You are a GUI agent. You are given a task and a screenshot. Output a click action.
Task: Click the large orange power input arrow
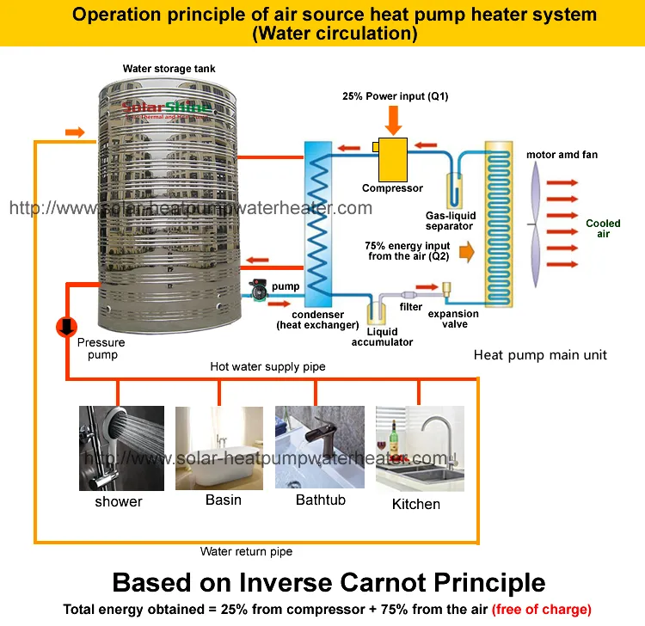(x=394, y=118)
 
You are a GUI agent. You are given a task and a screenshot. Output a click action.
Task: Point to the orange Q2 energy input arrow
(x=466, y=252)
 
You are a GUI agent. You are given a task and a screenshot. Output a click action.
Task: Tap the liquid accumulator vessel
(x=376, y=314)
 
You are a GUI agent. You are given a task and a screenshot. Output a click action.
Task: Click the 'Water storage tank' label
(x=169, y=68)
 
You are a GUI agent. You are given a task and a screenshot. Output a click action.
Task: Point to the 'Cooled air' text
(x=603, y=229)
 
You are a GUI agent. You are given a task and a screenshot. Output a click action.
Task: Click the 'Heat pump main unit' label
(x=540, y=355)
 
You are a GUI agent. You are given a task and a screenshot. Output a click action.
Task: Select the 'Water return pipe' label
(x=246, y=551)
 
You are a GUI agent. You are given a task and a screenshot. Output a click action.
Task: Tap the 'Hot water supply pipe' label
(x=267, y=366)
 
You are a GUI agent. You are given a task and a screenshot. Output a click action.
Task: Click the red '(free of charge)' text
(x=543, y=610)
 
